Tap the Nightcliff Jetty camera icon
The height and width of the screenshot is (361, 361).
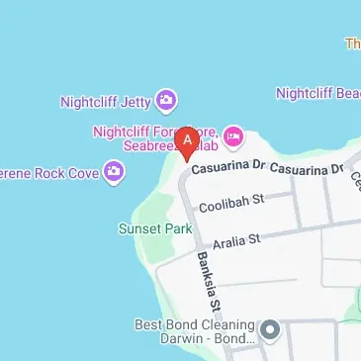(x=167, y=99)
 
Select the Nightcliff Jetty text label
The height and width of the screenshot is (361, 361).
(x=106, y=100)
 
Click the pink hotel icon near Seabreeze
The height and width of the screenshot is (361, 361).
(x=232, y=134)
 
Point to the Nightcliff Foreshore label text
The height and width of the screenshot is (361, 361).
(x=155, y=131)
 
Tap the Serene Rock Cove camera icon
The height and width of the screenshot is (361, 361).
(x=115, y=173)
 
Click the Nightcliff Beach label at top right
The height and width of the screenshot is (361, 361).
(x=317, y=94)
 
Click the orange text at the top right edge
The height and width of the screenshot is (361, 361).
(x=353, y=44)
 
